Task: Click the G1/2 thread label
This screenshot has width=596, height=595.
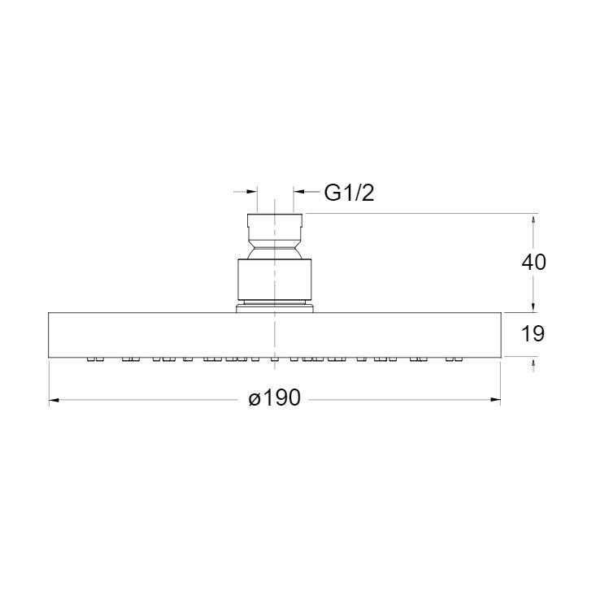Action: click(349, 193)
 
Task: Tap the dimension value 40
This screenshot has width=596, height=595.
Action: click(533, 262)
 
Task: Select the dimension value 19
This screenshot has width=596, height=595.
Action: click(533, 333)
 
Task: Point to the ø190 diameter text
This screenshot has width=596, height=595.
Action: click(275, 398)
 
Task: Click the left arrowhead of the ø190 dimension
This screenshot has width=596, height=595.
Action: click(54, 399)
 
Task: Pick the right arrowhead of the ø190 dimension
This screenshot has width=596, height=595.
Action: click(495, 399)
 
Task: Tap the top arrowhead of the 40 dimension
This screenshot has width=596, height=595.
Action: click(533, 219)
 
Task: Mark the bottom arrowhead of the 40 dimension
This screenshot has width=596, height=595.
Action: click(533, 306)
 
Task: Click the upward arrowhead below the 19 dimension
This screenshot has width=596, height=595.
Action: click(533, 363)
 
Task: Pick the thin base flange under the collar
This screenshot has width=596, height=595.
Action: click(275, 308)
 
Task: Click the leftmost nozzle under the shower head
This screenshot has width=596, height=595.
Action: click(89, 358)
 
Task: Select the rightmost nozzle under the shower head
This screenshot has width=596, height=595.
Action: click(460, 358)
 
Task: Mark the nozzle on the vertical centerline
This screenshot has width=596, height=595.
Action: click(275, 358)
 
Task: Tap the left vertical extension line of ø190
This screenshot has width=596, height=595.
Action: click(49, 382)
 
